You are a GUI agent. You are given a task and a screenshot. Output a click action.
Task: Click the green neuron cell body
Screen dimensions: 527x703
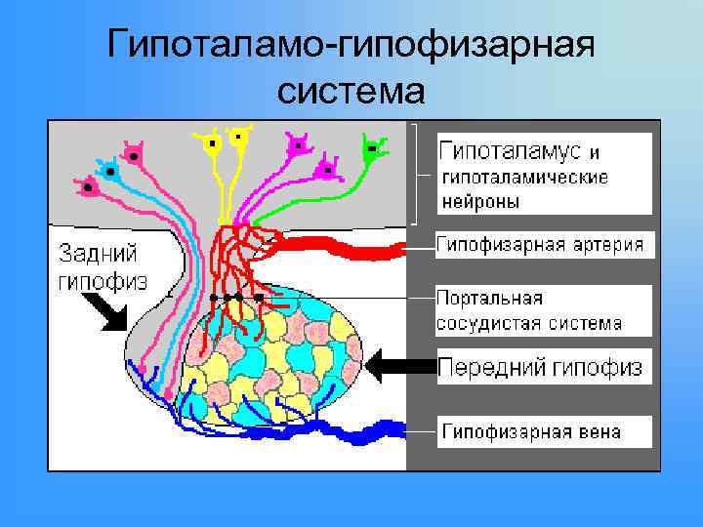372,150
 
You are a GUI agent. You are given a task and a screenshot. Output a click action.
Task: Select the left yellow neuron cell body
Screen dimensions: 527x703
211,144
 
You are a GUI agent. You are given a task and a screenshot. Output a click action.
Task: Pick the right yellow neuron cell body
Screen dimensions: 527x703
237,137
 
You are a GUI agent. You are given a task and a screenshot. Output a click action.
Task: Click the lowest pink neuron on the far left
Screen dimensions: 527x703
90,184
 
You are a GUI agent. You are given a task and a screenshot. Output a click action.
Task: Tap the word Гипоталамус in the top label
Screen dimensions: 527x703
511,151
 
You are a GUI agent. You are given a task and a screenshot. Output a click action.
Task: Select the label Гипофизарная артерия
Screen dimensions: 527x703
540,244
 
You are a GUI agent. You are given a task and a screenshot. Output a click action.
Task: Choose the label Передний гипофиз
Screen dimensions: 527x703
540,367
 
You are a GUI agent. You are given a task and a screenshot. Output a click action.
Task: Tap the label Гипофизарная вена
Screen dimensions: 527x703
532,430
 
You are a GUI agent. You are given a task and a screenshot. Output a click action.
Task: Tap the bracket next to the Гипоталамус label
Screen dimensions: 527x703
418,174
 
